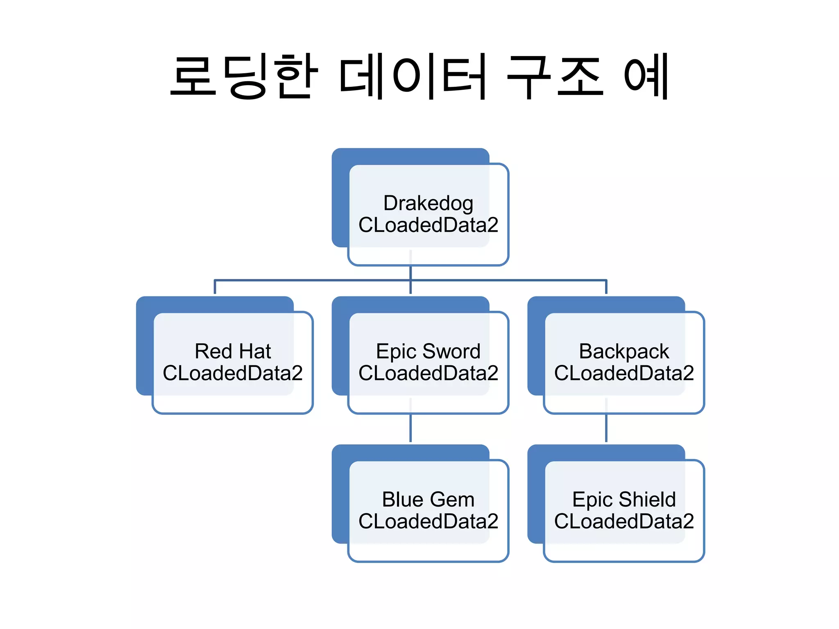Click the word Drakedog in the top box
(x=428, y=204)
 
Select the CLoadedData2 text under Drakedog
(x=428, y=225)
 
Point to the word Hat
(x=255, y=351)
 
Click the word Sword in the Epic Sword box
(x=451, y=351)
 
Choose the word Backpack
(x=624, y=351)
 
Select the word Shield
(x=647, y=500)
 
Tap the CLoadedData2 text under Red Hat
(x=233, y=373)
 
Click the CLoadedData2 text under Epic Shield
(x=624, y=521)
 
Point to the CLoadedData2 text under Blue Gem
(x=428, y=521)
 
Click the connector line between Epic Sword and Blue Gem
(x=410, y=428)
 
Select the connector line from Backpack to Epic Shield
(x=606, y=428)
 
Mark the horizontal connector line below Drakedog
(x=311, y=281)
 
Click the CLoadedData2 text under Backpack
(x=624, y=373)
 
